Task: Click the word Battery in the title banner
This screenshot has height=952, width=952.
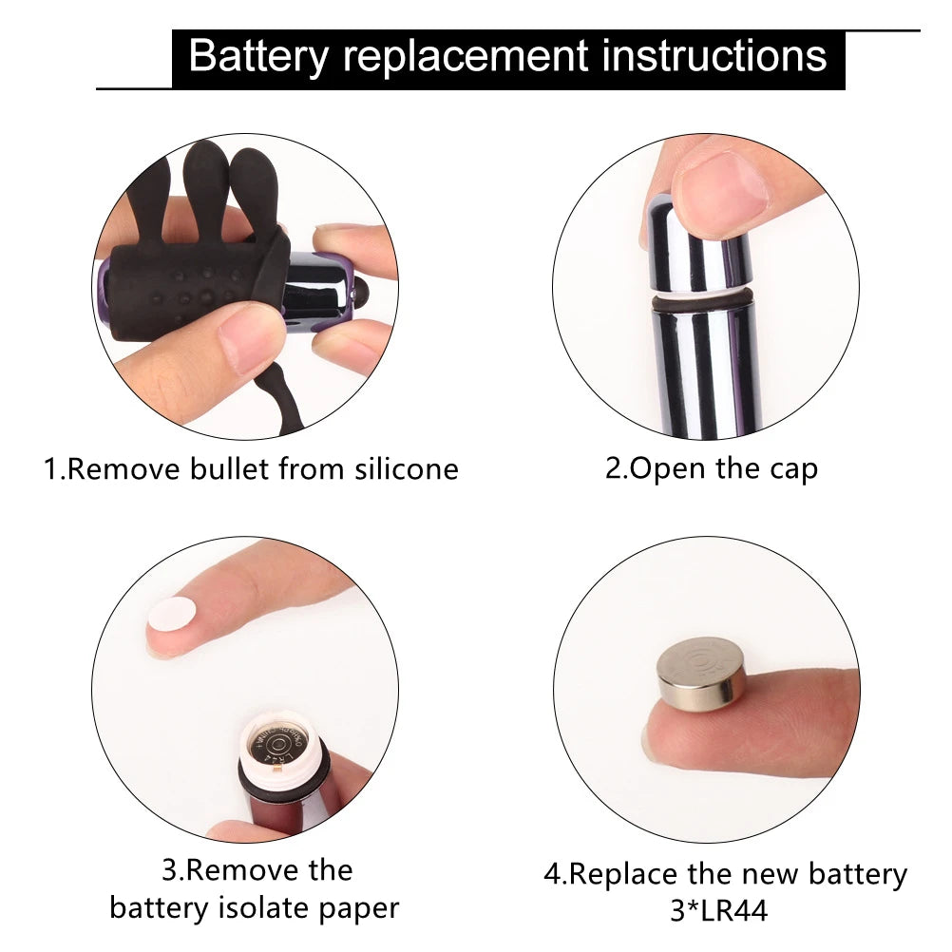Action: click(258, 57)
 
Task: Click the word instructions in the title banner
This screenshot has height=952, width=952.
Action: click(714, 55)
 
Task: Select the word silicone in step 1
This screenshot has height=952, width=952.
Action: click(407, 469)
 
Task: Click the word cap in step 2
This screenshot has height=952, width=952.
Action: click(793, 470)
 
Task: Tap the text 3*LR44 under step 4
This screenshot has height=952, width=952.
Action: click(719, 911)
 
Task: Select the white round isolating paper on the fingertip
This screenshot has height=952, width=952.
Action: click(172, 619)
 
